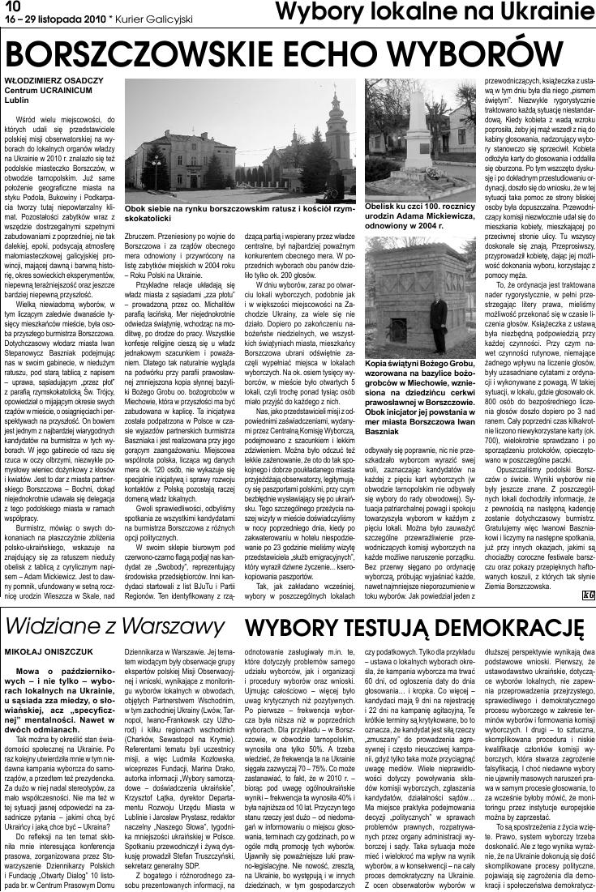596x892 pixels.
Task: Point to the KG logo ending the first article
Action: (585, 618)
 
